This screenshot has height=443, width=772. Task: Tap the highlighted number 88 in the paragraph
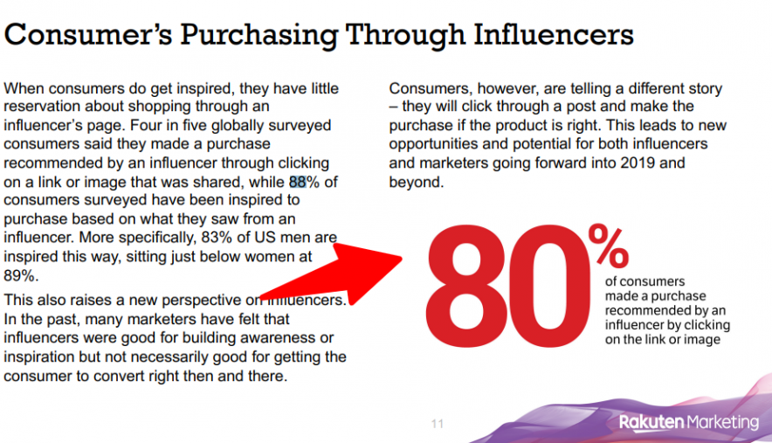(x=298, y=182)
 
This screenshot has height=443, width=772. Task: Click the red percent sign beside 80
(x=608, y=246)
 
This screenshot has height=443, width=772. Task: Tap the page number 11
(x=438, y=424)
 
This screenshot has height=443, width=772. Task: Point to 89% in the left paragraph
(x=19, y=275)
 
